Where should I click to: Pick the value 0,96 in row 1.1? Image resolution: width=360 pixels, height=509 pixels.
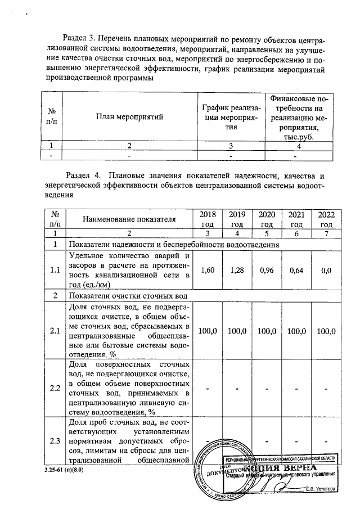click(266, 270)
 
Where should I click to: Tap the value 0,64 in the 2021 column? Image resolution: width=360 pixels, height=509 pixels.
click(296, 270)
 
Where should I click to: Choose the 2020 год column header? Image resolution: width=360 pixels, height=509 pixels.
click(266, 219)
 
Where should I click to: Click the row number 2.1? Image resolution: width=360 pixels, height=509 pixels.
click(55, 331)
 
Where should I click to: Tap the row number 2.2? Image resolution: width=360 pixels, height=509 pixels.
click(55, 388)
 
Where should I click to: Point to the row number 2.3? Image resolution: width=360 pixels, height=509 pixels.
click(55, 440)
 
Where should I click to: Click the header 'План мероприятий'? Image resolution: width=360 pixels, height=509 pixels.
click(129, 117)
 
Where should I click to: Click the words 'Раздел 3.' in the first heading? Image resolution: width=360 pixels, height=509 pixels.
click(79, 38)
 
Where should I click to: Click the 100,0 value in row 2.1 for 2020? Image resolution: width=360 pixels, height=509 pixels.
click(266, 331)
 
